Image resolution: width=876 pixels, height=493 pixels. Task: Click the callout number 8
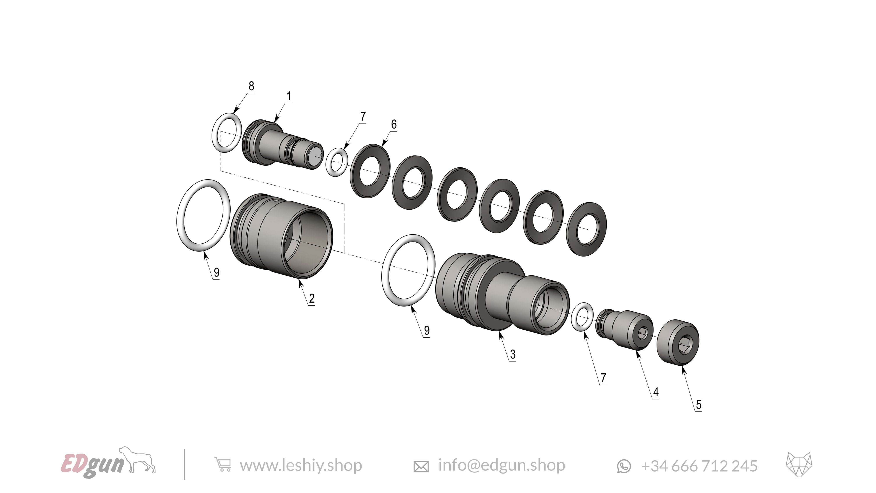tap(251, 86)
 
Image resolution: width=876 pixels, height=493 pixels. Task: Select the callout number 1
tap(289, 96)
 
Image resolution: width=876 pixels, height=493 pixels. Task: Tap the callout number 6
tap(394, 124)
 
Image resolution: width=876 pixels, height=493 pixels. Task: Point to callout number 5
tap(698, 405)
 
